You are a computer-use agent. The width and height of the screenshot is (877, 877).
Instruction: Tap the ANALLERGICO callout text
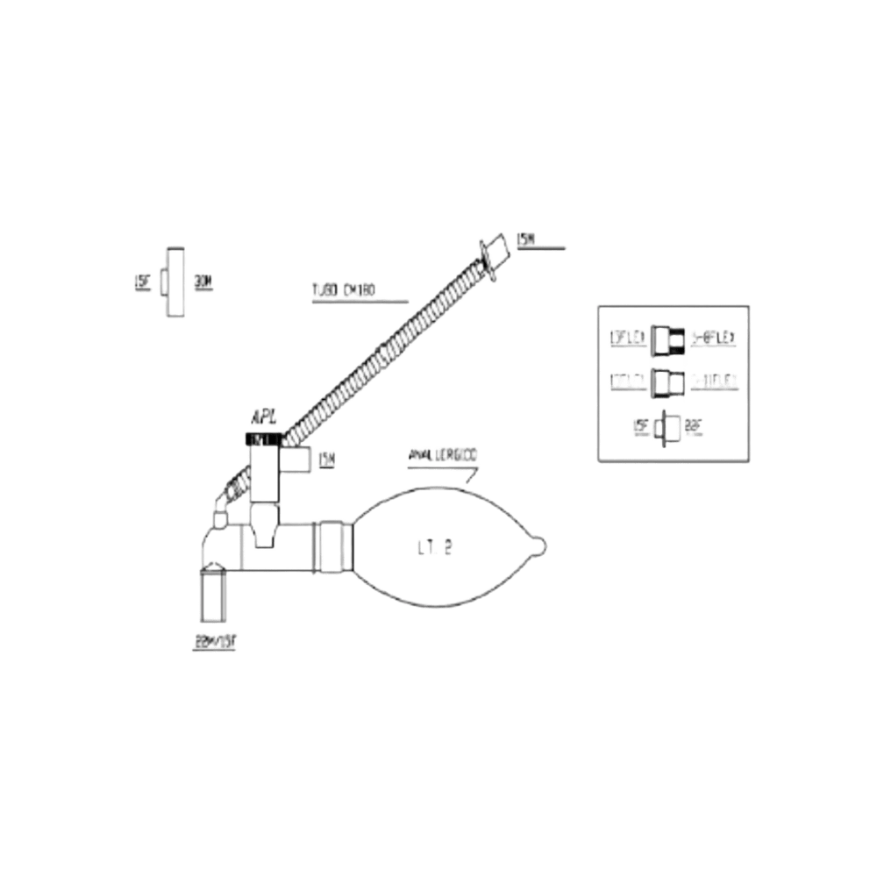(x=442, y=456)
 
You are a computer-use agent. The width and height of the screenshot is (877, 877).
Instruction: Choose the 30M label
(x=203, y=282)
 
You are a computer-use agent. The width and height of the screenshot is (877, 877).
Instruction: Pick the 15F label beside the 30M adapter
(x=144, y=282)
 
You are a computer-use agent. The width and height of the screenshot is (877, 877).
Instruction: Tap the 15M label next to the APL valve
(x=326, y=458)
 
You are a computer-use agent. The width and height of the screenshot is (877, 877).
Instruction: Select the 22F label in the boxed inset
(x=695, y=427)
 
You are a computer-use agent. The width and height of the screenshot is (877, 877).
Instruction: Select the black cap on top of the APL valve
(x=264, y=437)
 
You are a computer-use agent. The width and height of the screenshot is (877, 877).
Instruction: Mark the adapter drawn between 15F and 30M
(x=175, y=282)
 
